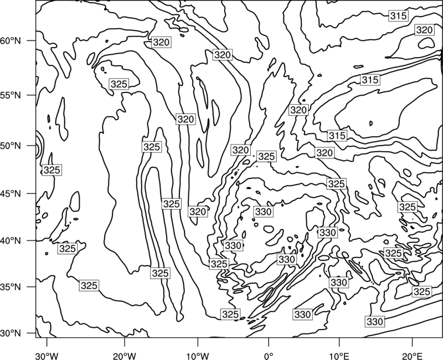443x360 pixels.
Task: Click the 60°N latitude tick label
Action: pos(11,41)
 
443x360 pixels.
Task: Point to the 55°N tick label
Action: pos(11,95)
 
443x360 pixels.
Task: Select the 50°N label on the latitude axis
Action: pos(11,146)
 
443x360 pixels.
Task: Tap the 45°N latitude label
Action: pos(11,193)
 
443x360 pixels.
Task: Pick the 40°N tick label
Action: pos(11,241)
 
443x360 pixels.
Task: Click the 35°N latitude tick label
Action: pos(11,287)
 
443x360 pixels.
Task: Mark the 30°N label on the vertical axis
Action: pos(11,333)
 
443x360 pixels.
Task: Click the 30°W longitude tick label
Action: pos(47,356)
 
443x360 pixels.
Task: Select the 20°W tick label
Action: pos(124,356)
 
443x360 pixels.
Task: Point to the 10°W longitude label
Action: pos(197,356)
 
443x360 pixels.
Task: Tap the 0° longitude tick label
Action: pos(269,356)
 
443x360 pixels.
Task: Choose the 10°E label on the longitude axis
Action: pos(339,356)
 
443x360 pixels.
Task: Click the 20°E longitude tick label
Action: pos(412,356)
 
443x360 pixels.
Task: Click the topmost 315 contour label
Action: pos(398,16)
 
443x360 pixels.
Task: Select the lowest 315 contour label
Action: pos(337,136)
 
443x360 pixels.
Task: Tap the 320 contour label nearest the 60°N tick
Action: pos(161,43)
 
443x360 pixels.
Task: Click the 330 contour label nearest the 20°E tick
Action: pos(375,322)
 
